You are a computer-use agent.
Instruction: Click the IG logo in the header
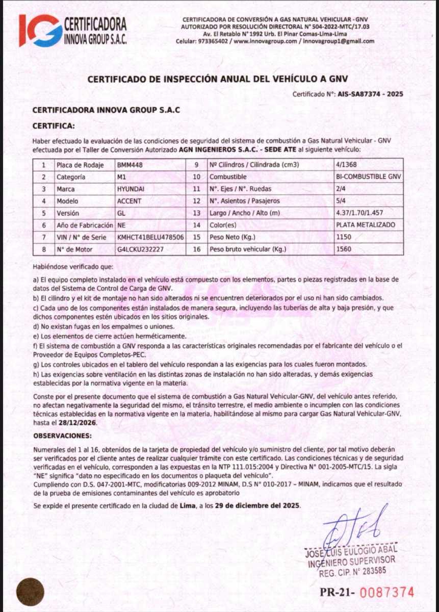point(40,30)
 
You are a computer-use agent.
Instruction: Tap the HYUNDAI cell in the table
point(131,189)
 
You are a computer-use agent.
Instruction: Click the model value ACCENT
point(129,201)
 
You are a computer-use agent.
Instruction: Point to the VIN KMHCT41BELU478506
point(150,237)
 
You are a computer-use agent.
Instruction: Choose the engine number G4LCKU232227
point(140,249)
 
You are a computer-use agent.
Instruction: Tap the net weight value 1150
point(344,237)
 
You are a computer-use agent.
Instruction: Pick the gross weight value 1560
point(344,249)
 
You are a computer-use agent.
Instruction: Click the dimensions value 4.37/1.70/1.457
point(361,213)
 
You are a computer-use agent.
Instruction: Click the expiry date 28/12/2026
point(73,423)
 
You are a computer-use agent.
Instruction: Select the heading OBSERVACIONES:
point(63,437)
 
